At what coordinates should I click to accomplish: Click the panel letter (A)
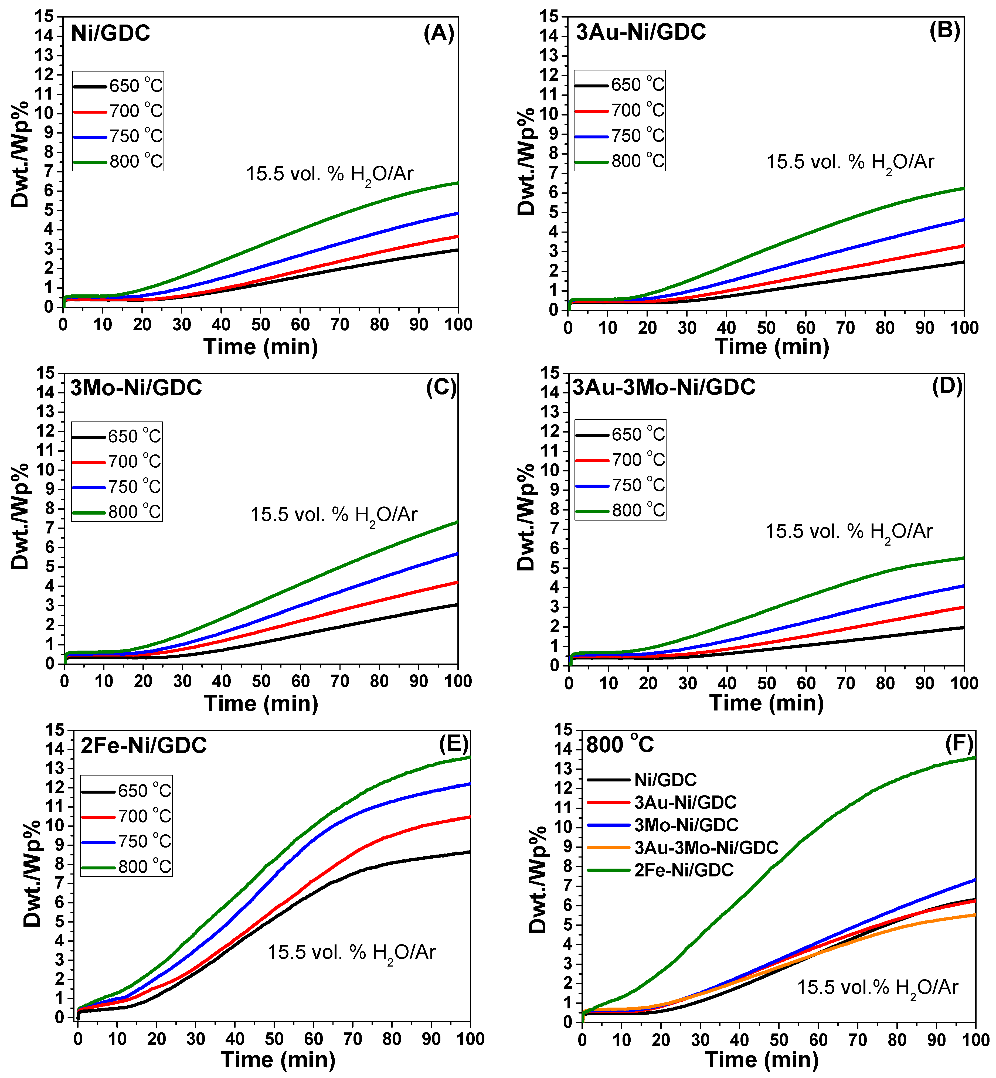coord(439,33)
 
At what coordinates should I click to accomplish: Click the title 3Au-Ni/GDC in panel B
coord(641,32)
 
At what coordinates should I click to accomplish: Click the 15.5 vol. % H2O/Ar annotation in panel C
coord(334,515)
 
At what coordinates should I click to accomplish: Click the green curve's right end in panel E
coord(470,757)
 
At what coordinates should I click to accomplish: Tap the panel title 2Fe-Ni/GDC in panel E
coord(143,746)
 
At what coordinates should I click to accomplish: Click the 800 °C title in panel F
coord(620,745)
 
